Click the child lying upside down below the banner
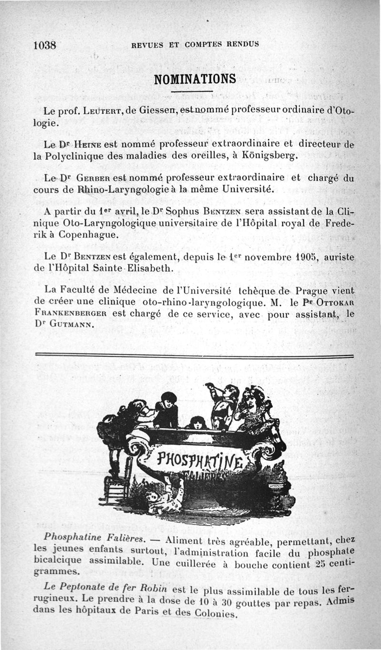pyautogui.click(x=164, y=497)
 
